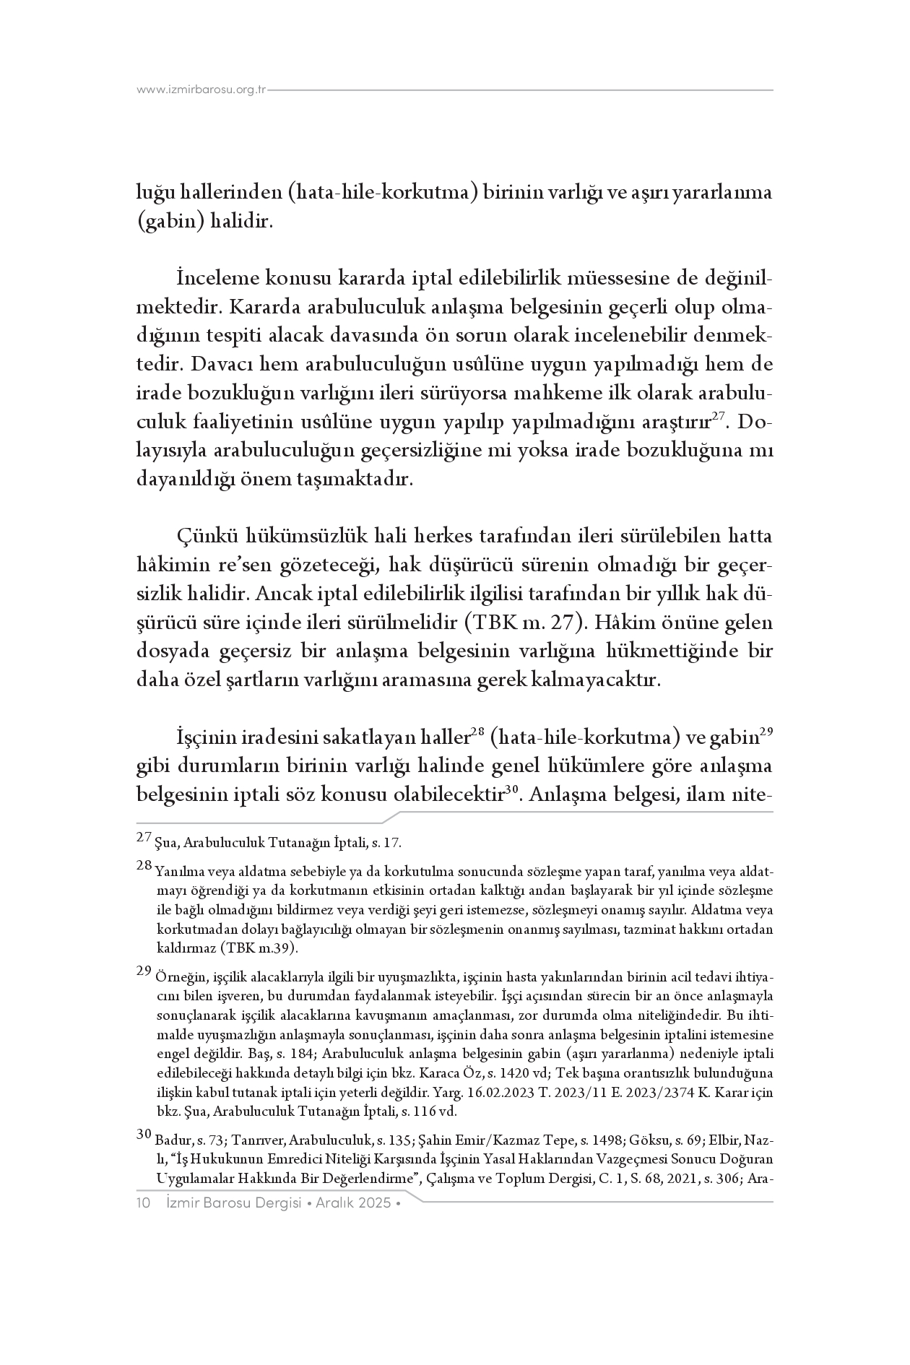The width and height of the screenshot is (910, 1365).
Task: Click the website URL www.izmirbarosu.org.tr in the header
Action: click(201, 90)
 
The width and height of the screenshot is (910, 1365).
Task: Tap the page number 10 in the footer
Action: click(143, 1202)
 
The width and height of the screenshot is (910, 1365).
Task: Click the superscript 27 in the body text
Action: click(718, 415)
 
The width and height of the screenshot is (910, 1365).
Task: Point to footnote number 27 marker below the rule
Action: click(144, 838)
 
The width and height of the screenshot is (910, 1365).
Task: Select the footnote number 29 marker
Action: click(144, 971)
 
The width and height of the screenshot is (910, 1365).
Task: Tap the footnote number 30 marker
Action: click(144, 1134)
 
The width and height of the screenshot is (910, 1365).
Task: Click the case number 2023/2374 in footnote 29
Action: click(661, 1093)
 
